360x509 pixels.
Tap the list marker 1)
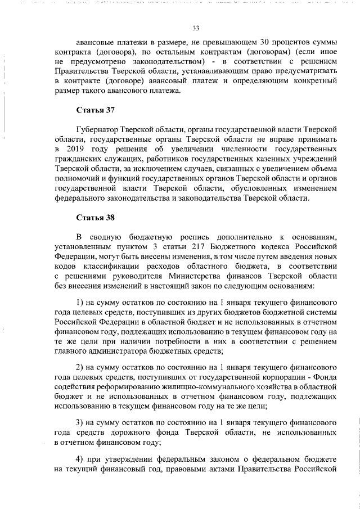tap(80, 300)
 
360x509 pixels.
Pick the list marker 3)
tap(80, 422)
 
